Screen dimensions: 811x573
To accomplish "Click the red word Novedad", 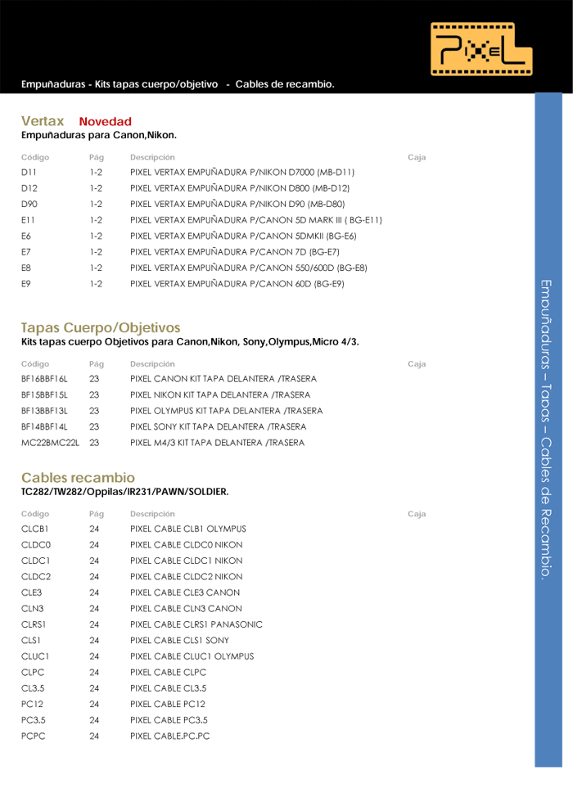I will [105, 122].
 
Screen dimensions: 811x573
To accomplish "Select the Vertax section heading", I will [43, 121].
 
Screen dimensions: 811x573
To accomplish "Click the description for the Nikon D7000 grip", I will [242, 173].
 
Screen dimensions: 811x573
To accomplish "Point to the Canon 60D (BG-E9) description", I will [237, 284].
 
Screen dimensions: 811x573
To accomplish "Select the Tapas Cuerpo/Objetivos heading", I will [101, 327].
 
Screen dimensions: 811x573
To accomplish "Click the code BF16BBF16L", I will [44, 379].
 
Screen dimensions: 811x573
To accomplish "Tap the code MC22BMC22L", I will [50, 443].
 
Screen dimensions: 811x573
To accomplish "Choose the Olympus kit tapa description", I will [226, 411].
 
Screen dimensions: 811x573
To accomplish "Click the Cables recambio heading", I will [78, 477].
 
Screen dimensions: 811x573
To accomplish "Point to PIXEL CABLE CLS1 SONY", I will [179, 640].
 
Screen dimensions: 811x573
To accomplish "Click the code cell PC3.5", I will [34, 720].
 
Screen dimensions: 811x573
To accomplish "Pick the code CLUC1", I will [36, 656].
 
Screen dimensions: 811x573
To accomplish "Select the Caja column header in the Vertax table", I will [416, 157].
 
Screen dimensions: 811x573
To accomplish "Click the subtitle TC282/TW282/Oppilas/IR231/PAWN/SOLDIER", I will [124, 492].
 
